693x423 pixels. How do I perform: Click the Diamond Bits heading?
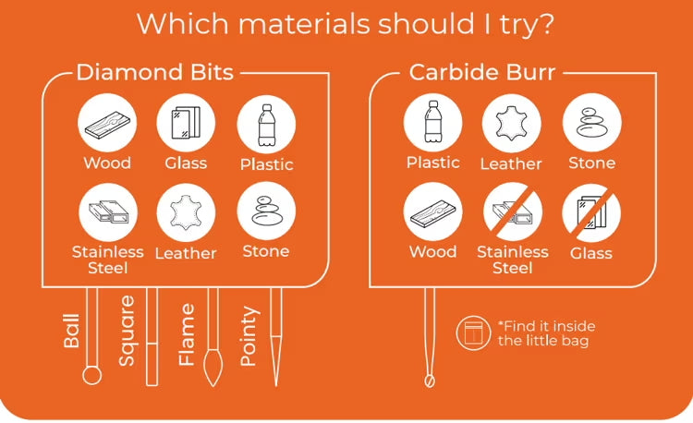coord(154,72)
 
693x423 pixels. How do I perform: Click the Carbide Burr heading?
coord(482,72)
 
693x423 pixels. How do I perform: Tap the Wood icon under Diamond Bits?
coord(107,123)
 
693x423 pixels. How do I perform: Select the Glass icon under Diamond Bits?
coord(186,123)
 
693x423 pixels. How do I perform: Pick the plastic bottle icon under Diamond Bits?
coord(266,125)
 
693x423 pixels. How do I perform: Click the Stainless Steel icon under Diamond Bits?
coord(108,211)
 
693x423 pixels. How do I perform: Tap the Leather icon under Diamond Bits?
coord(186,212)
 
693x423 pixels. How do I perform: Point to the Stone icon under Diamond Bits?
coord(266,211)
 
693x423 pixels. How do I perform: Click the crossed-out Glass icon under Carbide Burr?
coord(591,213)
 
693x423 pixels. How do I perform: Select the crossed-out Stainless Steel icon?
coord(513,211)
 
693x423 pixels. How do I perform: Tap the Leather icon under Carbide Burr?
coord(511,123)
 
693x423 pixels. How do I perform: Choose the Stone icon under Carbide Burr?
coord(592,122)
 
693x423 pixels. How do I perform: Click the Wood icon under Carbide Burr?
coord(433,211)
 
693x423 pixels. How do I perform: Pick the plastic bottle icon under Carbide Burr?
coord(433,122)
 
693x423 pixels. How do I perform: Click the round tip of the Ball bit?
coord(91,376)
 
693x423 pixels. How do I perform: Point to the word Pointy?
coord(249,336)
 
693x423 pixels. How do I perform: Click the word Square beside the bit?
coord(127,331)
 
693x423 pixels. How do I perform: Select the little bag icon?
coord(473,332)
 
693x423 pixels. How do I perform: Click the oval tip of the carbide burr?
coord(429,381)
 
